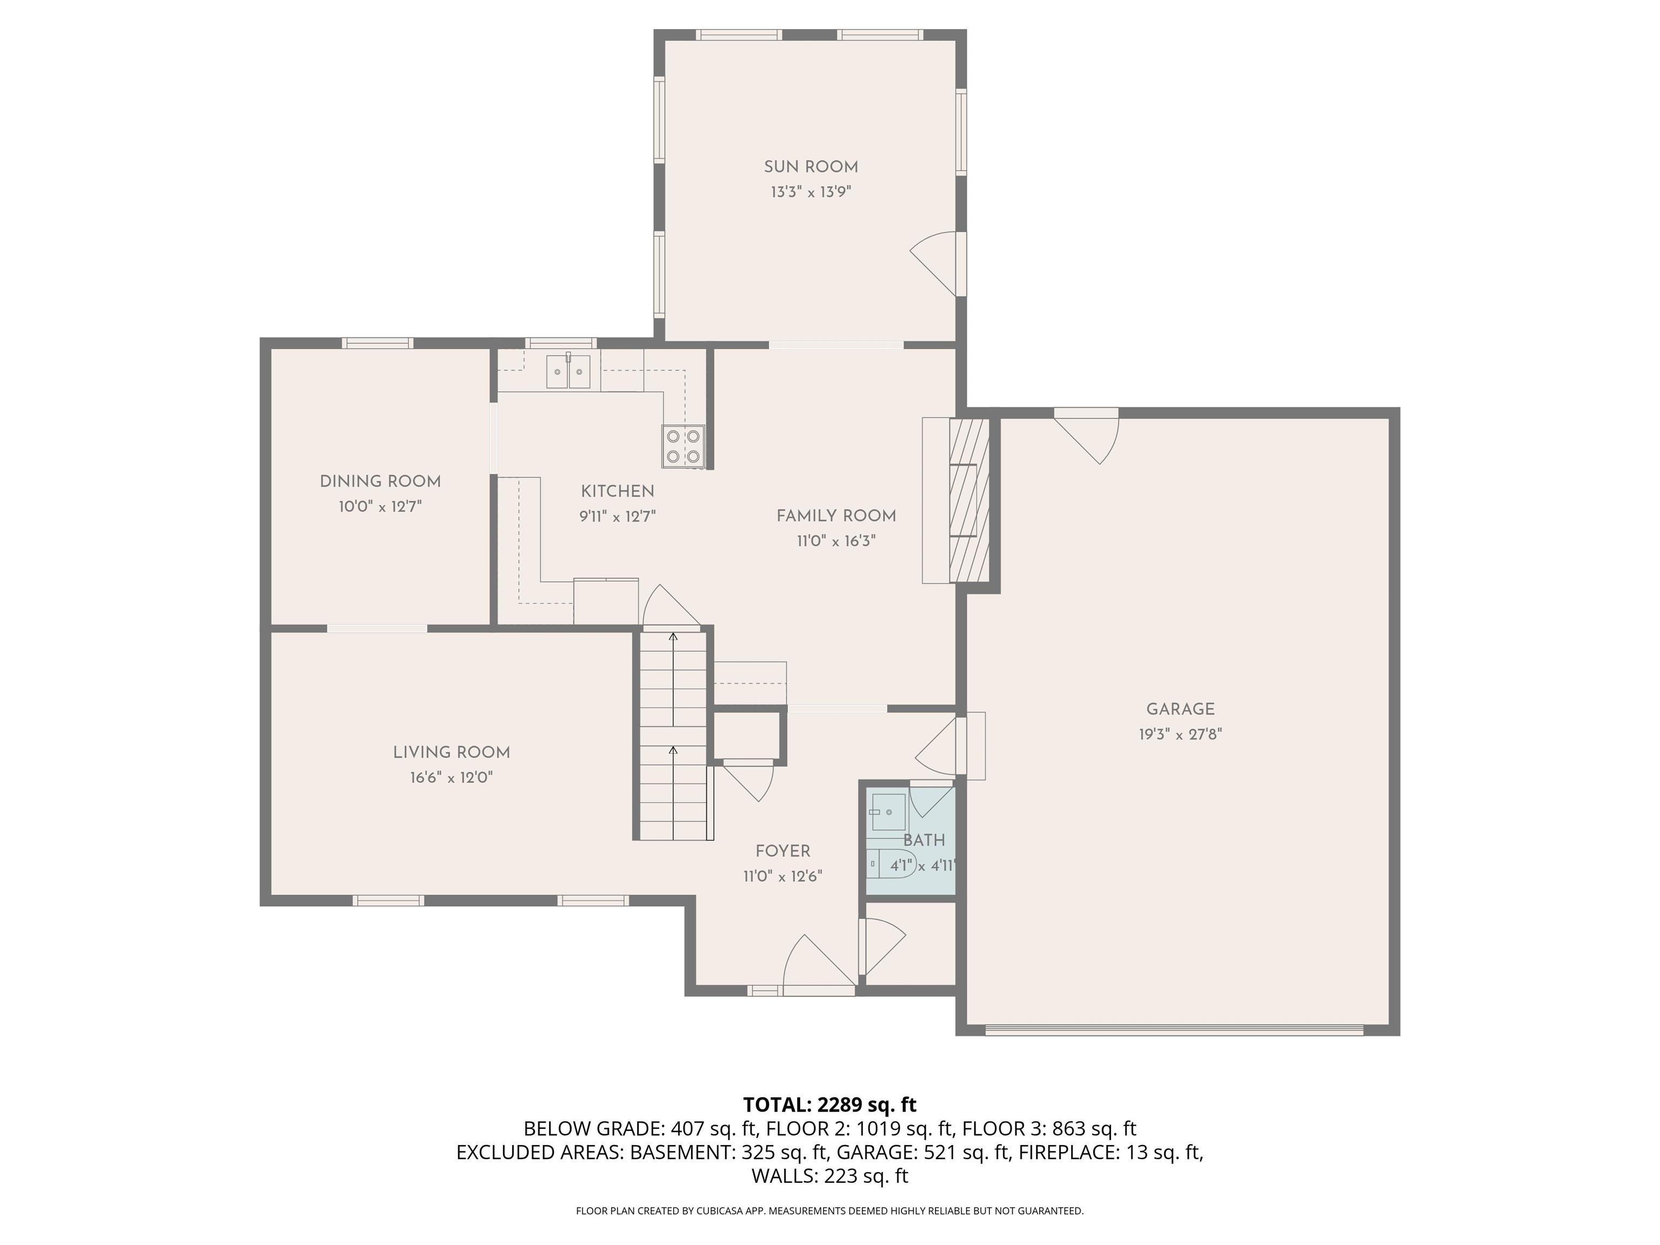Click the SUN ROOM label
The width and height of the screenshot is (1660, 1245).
[x=811, y=168]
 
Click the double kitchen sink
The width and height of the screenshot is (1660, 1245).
[x=568, y=371]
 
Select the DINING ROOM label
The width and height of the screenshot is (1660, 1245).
[x=380, y=482]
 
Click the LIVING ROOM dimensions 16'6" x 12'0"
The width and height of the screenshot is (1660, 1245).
[x=451, y=778]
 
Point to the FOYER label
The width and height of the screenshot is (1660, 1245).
[x=783, y=851]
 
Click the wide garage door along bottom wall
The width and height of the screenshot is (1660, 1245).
[x=1174, y=1029]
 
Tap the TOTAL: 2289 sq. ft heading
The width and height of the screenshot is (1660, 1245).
[x=829, y=1105]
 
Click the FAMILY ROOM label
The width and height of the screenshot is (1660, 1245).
[x=836, y=516]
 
